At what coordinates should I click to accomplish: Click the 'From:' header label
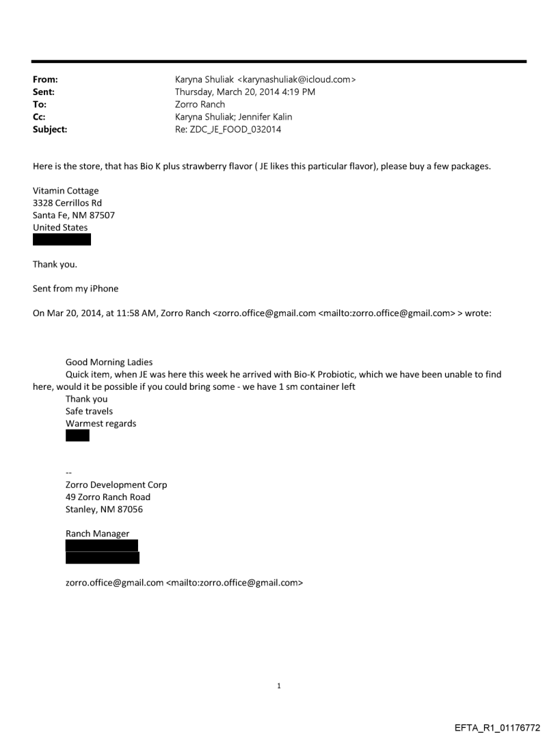pyautogui.click(x=45, y=79)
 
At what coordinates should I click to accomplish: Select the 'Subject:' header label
pyautogui.click(x=50, y=129)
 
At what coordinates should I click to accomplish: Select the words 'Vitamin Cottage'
pyautogui.click(x=65, y=191)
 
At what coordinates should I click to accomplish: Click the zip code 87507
pyautogui.click(x=101, y=215)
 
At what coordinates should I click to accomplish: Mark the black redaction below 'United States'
pyautogui.click(x=62, y=239)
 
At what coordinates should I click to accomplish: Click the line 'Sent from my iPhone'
pyautogui.click(x=75, y=289)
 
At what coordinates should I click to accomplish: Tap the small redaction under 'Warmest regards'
pyautogui.click(x=77, y=436)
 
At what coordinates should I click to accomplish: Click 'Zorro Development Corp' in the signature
pyautogui.click(x=116, y=484)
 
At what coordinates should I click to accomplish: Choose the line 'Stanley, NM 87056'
pyautogui.click(x=104, y=509)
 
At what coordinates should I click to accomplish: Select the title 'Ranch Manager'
pyautogui.click(x=97, y=534)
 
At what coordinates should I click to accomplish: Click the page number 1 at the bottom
pyautogui.click(x=279, y=685)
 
